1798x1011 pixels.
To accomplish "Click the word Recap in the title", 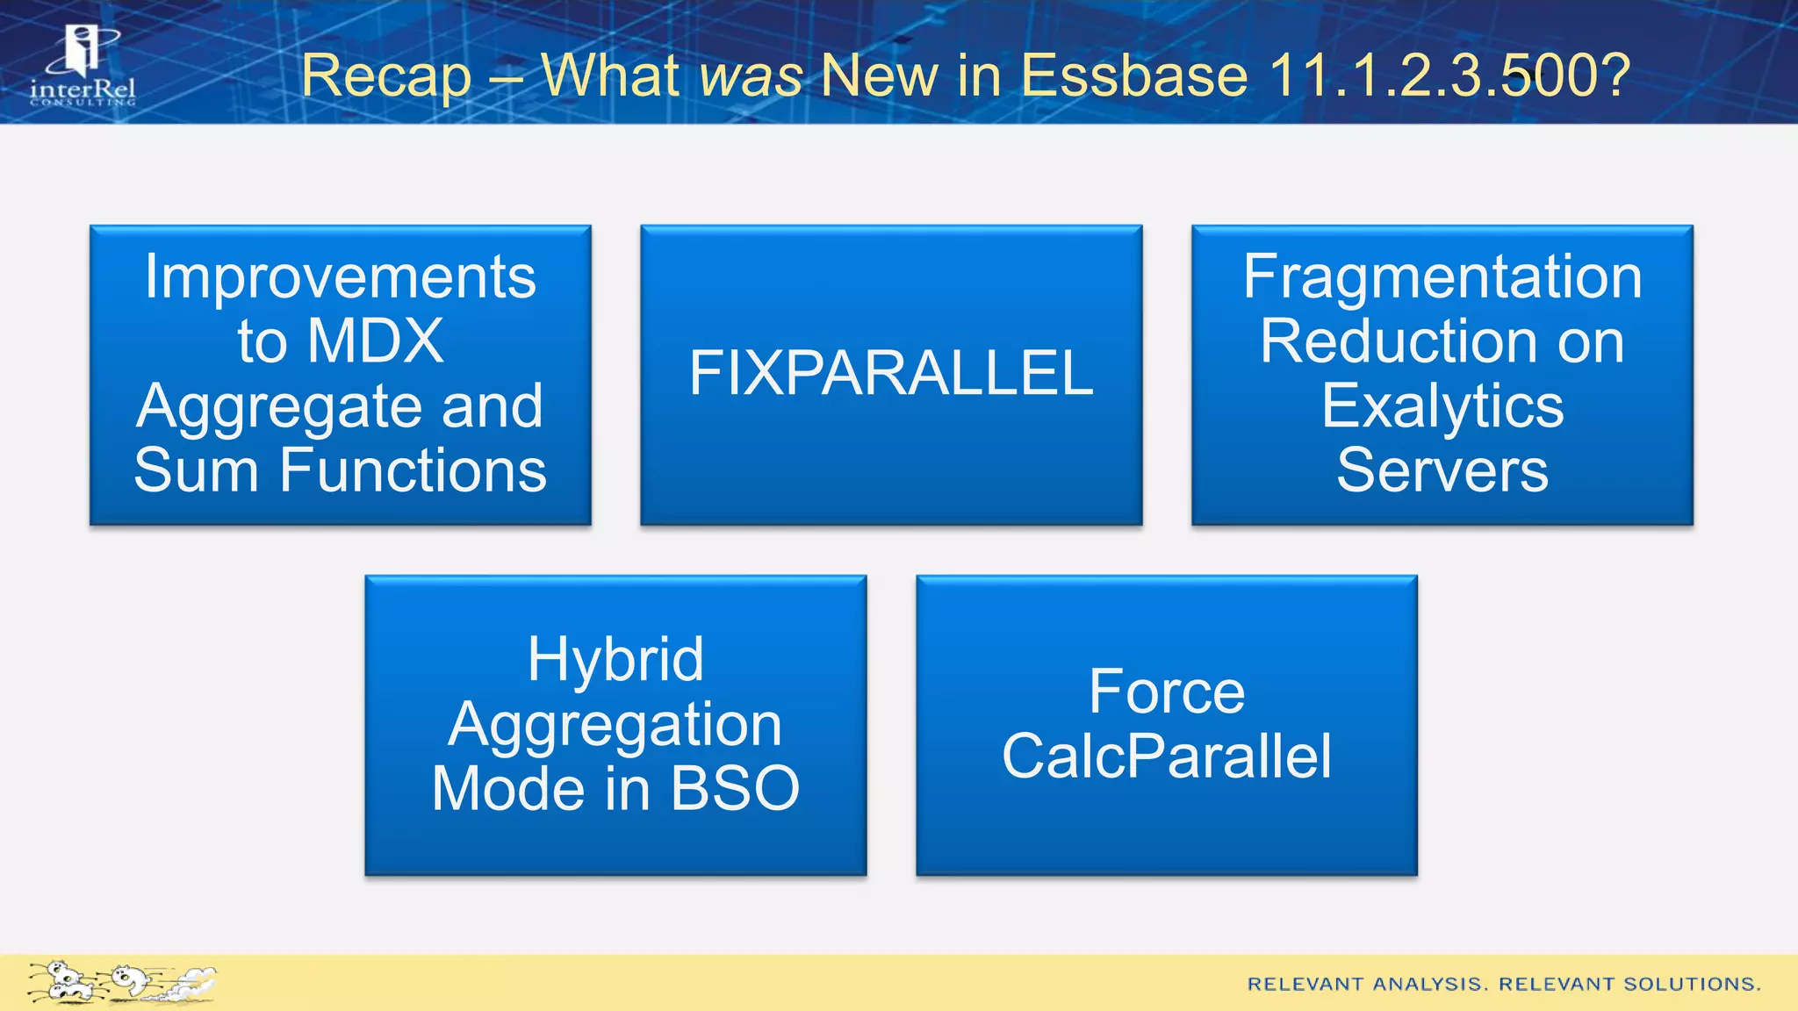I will tap(386, 75).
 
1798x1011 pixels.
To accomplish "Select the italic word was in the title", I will tap(751, 75).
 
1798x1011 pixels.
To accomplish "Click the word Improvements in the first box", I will tap(340, 277).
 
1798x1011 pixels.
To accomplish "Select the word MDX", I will tap(375, 341).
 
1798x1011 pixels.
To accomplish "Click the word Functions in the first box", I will tap(413, 471).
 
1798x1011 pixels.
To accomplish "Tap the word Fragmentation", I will tap(1442, 277).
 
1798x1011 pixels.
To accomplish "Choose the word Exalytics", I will tap(1442, 406).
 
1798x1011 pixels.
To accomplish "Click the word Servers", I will tap(1442, 471).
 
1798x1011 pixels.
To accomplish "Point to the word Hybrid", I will tap(615, 660).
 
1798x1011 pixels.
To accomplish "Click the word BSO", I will tap(735, 789).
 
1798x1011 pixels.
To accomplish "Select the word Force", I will tap(1167, 692).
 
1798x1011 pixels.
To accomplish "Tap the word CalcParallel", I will tap(1167, 756).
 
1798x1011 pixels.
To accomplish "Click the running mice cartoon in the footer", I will tap(121, 982).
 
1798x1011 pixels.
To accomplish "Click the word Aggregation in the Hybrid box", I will tap(615, 725).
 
